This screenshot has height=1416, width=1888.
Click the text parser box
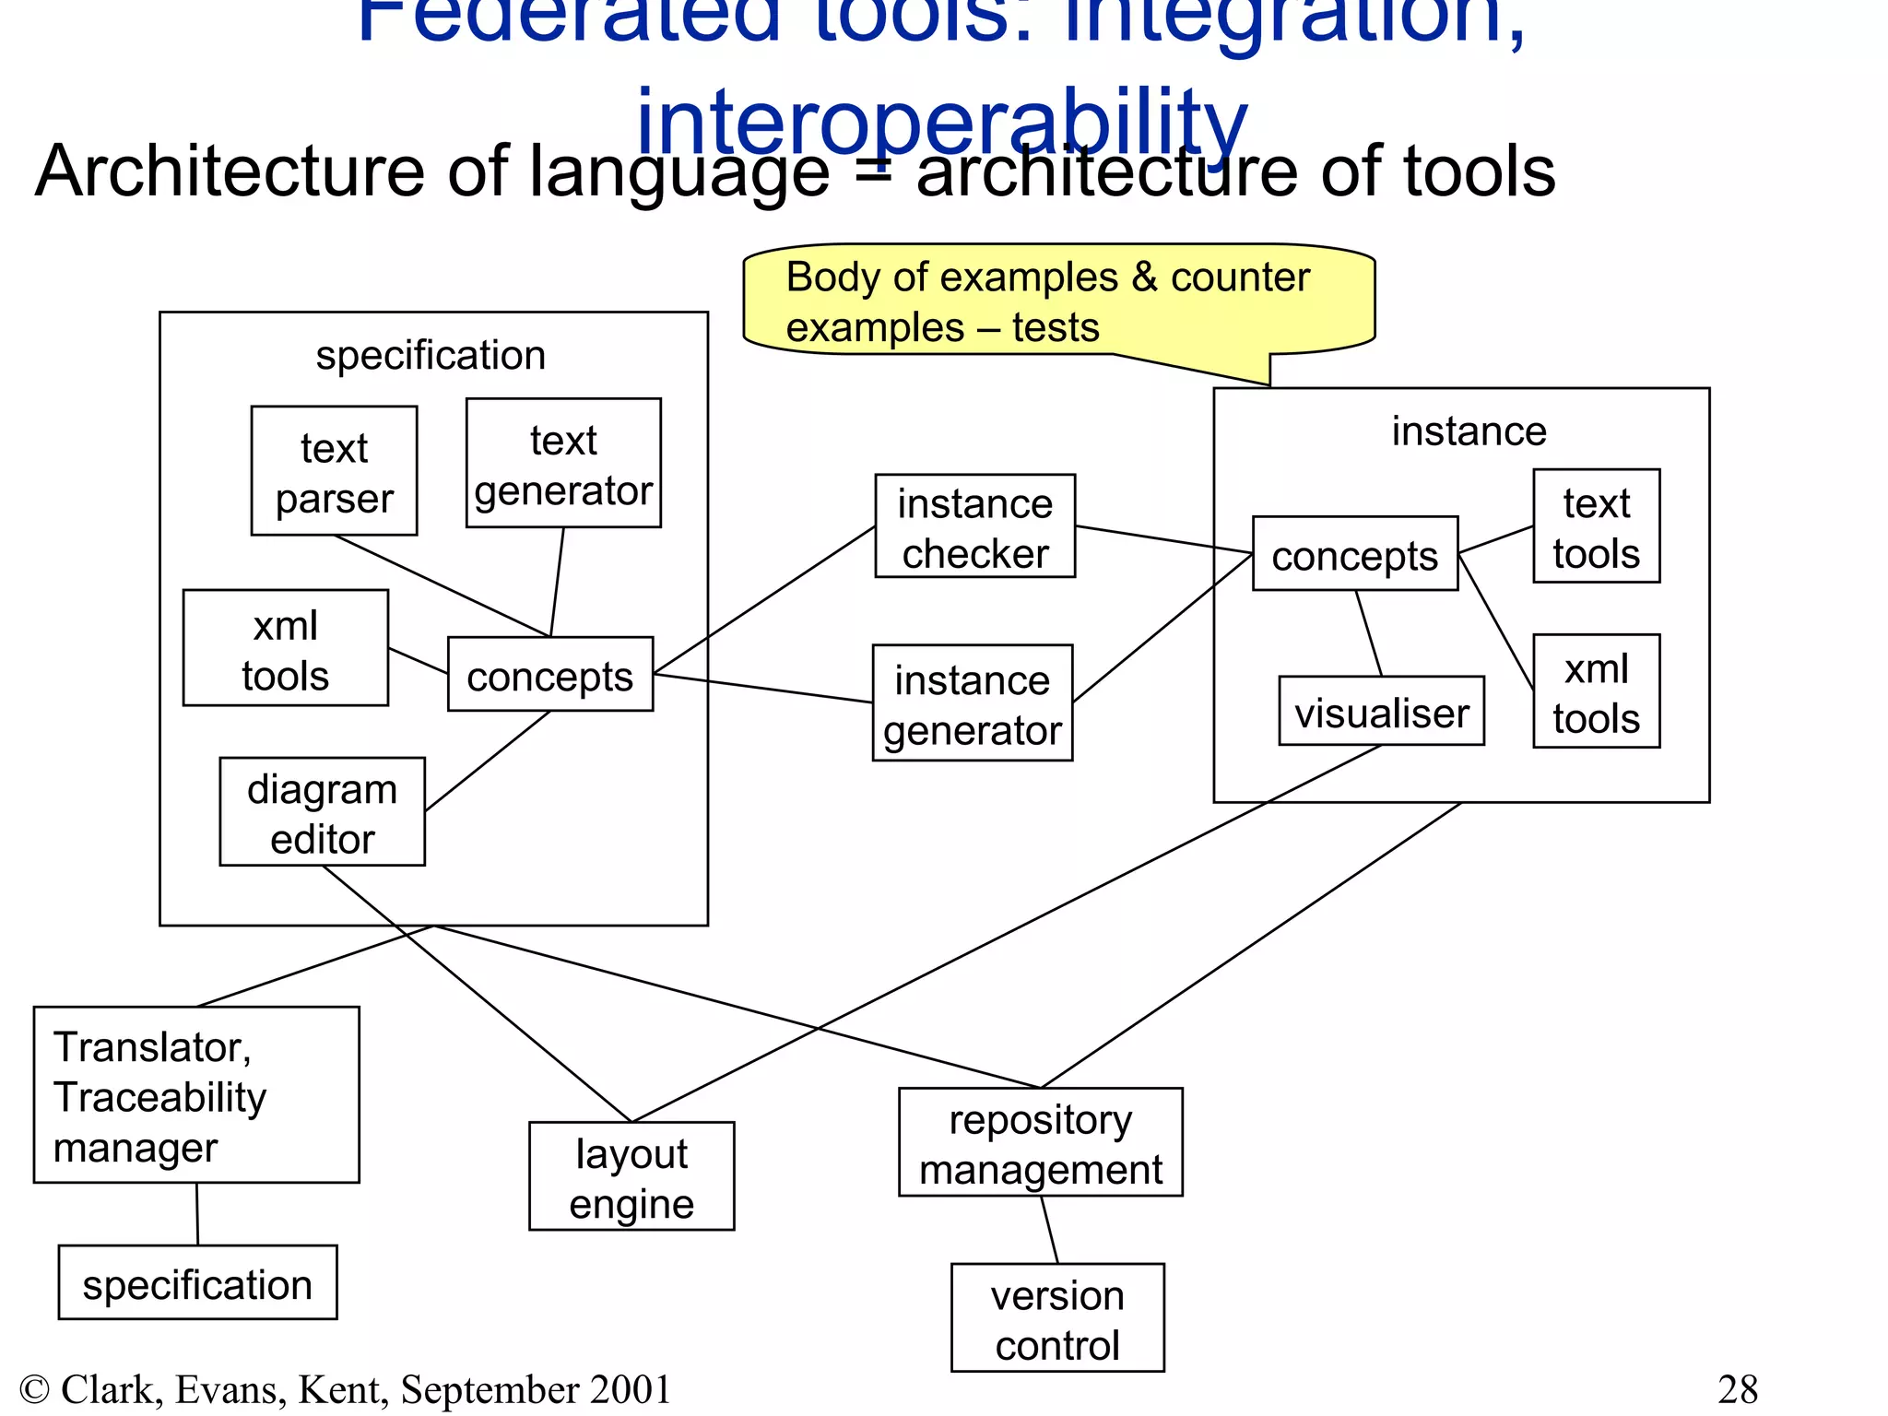(x=334, y=471)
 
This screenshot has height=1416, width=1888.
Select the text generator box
(x=563, y=463)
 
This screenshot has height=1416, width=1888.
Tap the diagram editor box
(x=322, y=812)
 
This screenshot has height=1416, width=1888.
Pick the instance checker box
(x=974, y=526)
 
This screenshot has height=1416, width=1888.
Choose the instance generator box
(x=973, y=703)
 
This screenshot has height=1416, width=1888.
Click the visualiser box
(x=1381, y=712)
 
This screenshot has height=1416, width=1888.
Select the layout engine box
(x=631, y=1176)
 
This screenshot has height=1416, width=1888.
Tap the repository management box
(x=1040, y=1143)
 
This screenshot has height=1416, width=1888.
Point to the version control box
(x=1057, y=1318)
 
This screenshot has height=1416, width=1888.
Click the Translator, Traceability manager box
(x=196, y=1095)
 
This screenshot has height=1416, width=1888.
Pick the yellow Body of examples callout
(x=1058, y=301)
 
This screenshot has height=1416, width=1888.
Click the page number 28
(x=1738, y=1389)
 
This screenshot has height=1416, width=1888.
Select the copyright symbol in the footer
(x=34, y=1389)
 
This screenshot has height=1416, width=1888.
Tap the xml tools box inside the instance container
(x=1596, y=691)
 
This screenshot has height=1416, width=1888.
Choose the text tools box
(x=1596, y=526)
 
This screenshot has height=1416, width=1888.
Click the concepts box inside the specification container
(x=550, y=675)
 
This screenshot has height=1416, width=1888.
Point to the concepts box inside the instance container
(x=1354, y=554)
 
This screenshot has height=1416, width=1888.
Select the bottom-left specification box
(x=197, y=1283)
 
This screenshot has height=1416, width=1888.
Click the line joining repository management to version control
(x=1050, y=1230)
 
